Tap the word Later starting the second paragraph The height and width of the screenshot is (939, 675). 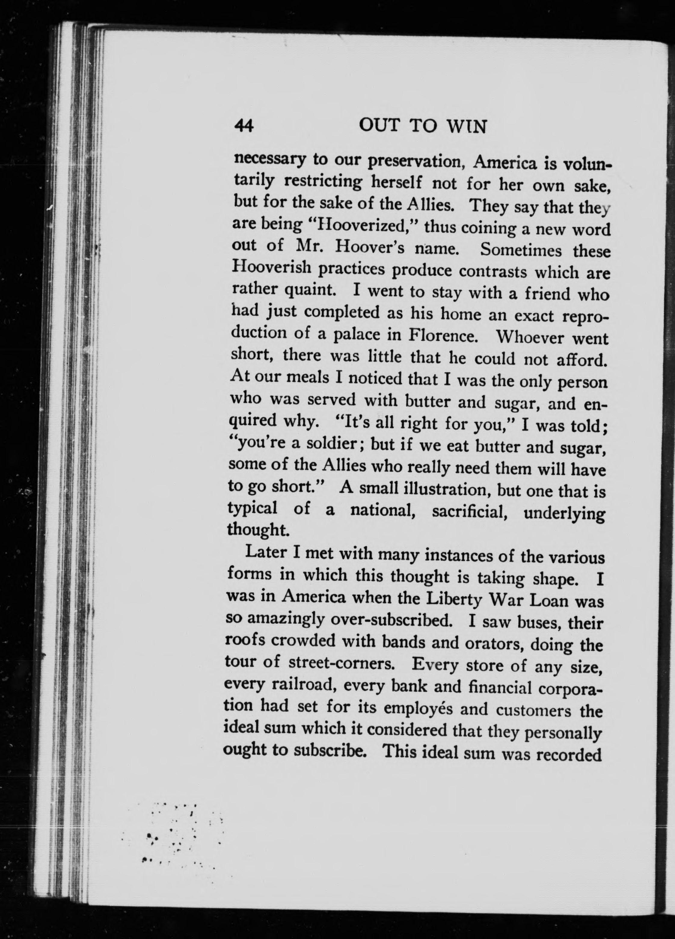(263, 553)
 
